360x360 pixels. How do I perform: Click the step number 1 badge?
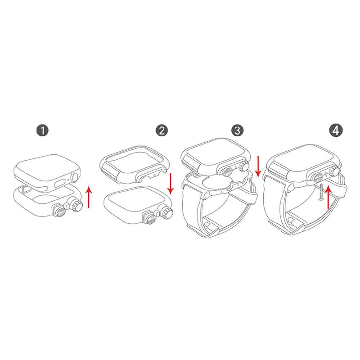point(42,130)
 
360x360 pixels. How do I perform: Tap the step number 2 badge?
point(162,130)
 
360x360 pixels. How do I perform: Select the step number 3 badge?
point(238,130)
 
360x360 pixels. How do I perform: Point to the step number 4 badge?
point(336,130)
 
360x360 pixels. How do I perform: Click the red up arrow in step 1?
point(89,197)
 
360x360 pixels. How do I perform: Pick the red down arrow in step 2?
point(170,184)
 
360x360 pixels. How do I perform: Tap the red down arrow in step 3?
point(258,166)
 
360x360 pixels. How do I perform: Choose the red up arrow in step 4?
point(328,198)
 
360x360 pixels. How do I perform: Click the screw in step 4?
point(321,193)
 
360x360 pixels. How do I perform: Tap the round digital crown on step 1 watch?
point(75,177)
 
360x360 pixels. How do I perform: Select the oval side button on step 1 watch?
point(60,183)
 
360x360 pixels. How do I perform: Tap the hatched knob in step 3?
point(228,172)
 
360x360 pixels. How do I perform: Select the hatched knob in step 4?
point(319,177)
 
